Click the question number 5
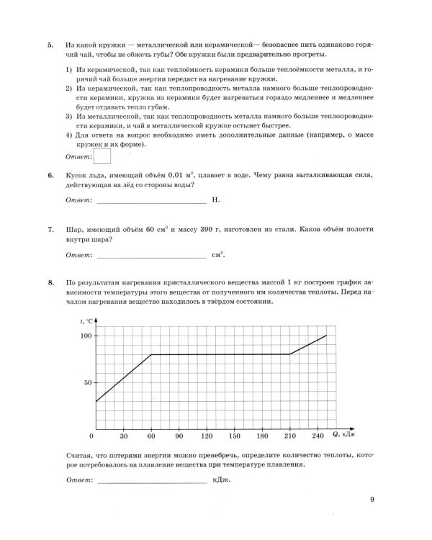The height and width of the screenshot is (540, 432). point(50,45)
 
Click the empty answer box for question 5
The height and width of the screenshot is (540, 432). point(103,156)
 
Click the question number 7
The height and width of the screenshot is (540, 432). point(50,230)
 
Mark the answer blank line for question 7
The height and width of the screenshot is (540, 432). point(150,255)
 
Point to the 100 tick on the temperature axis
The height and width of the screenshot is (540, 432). point(86,336)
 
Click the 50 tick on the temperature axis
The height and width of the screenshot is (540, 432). point(88,382)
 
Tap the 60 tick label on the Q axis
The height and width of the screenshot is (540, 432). point(151,436)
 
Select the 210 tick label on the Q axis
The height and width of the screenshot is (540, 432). point(289,436)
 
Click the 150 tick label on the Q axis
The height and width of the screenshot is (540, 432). point(234,436)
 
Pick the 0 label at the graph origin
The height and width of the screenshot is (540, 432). point(92,436)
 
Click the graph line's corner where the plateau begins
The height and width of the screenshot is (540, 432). point(151,354)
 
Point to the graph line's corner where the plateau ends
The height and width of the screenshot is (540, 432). point(289,354)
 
